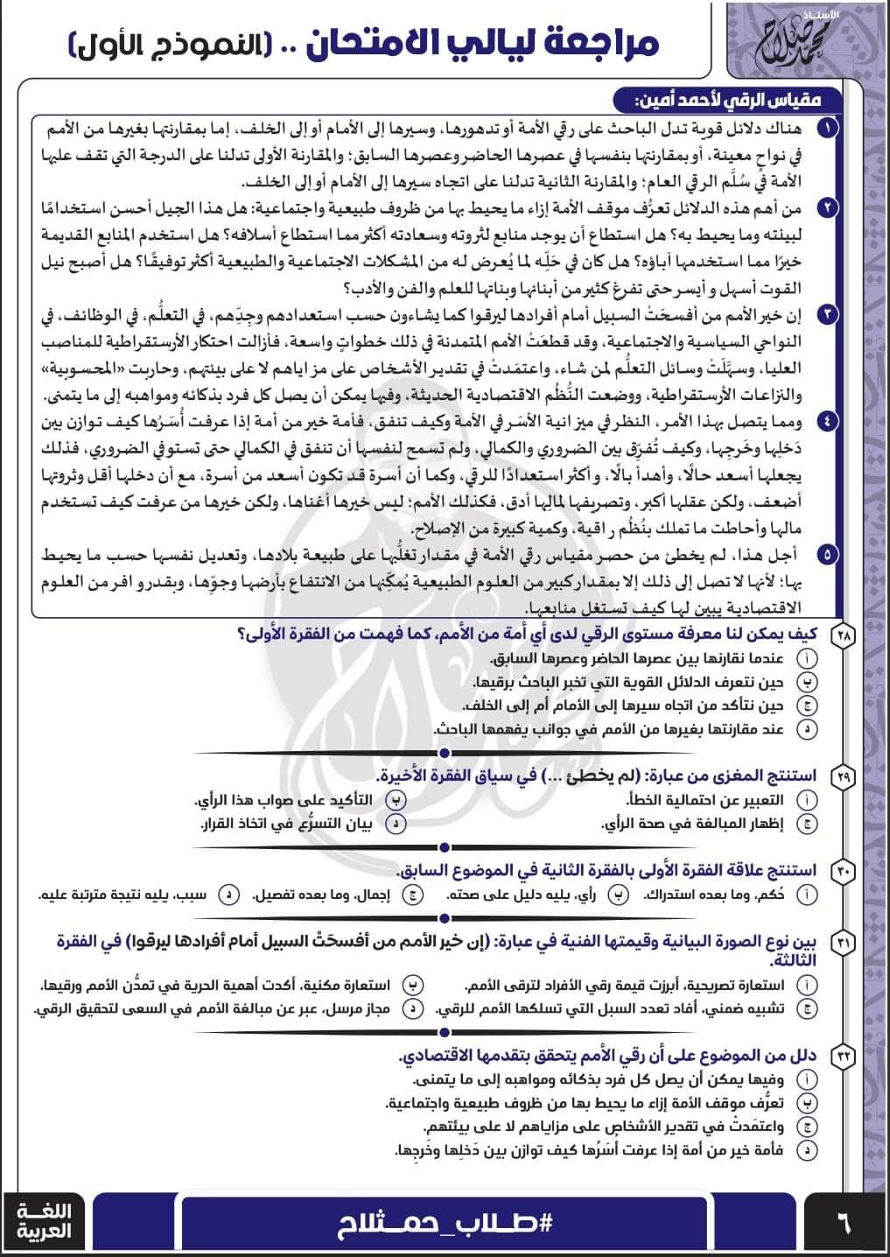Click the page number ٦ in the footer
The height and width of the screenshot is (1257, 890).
[x=844, y=1221]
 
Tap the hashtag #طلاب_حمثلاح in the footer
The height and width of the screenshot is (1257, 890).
[x=445, y=1222]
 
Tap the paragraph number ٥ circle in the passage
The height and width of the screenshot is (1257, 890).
[x=828, y=554]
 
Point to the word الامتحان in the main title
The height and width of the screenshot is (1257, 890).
[x=398, y=42]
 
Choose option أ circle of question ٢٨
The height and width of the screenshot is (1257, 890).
[x=808, y=658]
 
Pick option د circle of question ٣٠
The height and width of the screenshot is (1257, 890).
[x=228, y=895]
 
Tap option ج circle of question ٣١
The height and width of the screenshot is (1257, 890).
[x=808, y=1008]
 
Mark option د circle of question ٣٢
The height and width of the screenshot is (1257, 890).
[x=808, y=1150]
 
